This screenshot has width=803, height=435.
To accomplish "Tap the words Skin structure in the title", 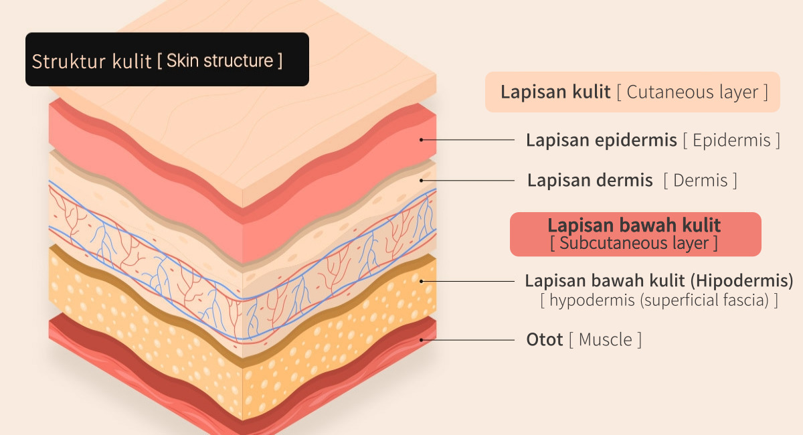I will pos(219,61).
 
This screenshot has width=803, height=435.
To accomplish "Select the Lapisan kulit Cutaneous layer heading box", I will pos(632,92).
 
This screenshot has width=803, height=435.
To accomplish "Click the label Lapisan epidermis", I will pos(601,140).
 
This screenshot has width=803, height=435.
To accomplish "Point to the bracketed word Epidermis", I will pos(731,141).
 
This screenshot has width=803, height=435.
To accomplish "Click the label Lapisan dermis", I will pos(590,180).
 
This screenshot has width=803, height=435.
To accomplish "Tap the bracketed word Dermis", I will pos(701,180).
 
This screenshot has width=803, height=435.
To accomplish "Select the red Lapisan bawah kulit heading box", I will pos(635,234).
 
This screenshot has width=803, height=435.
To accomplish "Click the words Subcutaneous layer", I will pos(634,243).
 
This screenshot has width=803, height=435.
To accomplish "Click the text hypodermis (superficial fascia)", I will pos(659,300).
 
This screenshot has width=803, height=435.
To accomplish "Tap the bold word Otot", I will pos(544,339).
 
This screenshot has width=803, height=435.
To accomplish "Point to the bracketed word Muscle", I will pos(605,339).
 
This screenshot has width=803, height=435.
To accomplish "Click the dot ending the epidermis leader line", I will pos(422,140).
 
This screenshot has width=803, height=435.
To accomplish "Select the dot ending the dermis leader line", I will pos(422,180).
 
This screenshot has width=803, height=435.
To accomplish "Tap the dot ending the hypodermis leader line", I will pos(422,280).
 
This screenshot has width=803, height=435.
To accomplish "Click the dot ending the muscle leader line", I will pos(422,339).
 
